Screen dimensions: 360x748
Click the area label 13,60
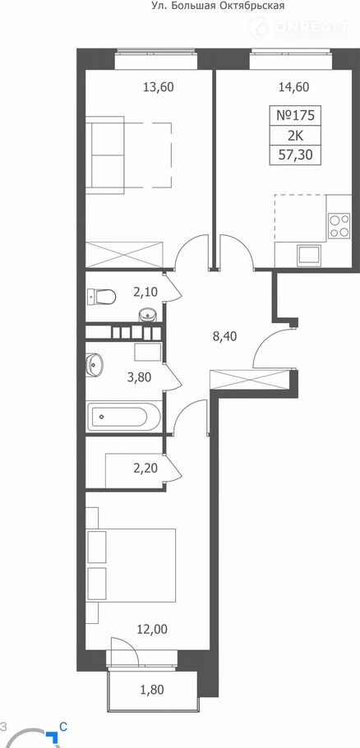(x=159, y=87)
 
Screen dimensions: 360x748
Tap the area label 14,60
(x=293, y=87)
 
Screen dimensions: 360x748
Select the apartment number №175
(x=295, y=115)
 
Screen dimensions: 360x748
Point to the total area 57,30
(x=295, y=155)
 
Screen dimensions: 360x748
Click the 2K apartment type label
(x=295, y=136)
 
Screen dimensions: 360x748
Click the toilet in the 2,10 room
(x=102, y=297)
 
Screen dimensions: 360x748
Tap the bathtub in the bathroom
(x=122, y=416)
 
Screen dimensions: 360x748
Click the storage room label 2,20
(x=146, y=468)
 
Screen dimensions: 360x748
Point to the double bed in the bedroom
(x=131, y=566)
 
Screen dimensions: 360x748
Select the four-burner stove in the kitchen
(x=339, y=227)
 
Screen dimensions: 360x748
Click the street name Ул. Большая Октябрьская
(x=218, y=7)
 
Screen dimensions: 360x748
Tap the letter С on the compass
(x=62, y=727)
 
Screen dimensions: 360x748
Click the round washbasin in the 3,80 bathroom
(x=95, y=364)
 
